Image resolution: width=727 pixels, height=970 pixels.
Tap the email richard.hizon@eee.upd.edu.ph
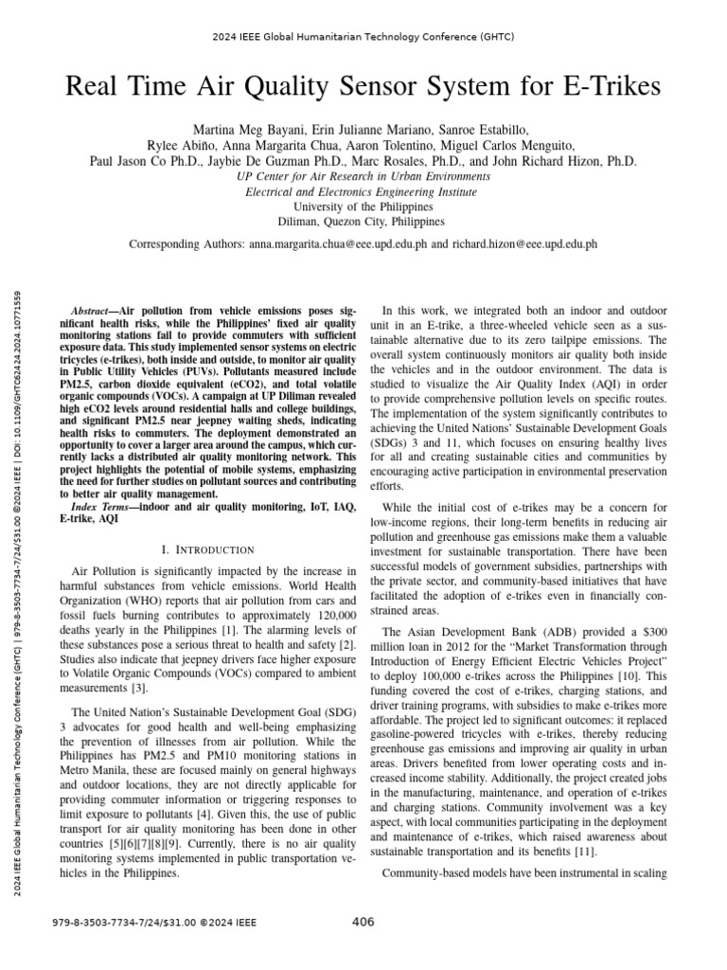pos(524,243)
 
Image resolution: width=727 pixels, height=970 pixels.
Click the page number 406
pos(363,922)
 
